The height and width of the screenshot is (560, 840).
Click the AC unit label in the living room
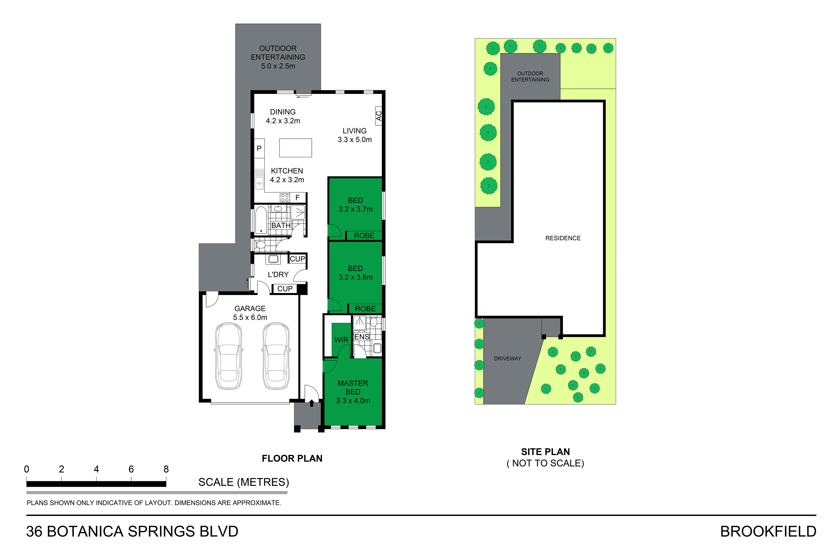tap(378, 116)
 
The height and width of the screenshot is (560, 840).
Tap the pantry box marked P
tap(259, 148)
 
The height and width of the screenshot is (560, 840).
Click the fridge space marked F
tap(297, 198)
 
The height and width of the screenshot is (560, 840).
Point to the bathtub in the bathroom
tap(261, 220)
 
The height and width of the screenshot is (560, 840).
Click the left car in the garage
tap(228, 356)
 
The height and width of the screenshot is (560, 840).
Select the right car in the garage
tap(276, 356)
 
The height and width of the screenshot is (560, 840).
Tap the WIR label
tap(341, 340)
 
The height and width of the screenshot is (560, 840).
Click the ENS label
tap(362, 337)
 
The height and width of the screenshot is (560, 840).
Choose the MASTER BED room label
tap(353, 387)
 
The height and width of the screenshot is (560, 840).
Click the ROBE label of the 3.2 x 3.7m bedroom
tap(364, 236)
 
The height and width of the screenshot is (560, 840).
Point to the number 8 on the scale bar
tap(166, 469)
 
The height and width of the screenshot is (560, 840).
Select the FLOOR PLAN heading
tap(292, 458)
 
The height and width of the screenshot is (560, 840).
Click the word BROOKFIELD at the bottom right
tap(768, 532)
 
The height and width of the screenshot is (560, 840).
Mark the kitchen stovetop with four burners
tap(285, 198)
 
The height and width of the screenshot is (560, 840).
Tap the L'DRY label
tap(278, 275)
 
